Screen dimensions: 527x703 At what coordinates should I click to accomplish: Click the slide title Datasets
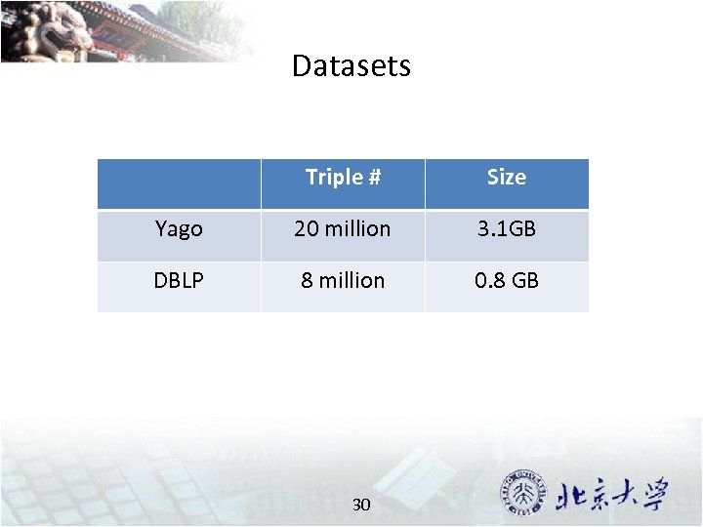point(351,66)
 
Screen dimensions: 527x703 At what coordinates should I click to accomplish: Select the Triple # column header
point(343,178)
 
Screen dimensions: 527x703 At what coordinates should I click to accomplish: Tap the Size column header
point(506,178)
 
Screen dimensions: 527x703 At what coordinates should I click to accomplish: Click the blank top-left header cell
point(179,183)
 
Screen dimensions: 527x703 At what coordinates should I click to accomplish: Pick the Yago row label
point(179,229)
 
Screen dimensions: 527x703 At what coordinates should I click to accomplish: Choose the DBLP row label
point(179,281)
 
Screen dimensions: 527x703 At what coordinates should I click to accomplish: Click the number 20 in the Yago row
point(306,229)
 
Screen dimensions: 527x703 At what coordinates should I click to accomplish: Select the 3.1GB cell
point(506,229)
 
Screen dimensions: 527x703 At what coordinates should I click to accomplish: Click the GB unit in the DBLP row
point(525,281)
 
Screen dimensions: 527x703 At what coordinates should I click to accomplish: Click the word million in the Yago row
point(357,229)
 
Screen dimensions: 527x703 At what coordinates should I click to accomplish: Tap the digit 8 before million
point(307,281)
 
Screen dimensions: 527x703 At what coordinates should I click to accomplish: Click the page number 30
point(361,505)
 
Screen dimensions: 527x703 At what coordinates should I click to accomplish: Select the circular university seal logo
point(524,494)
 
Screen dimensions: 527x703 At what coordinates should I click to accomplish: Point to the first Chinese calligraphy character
point(571,496)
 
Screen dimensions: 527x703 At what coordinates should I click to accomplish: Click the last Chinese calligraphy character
point(650,494)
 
